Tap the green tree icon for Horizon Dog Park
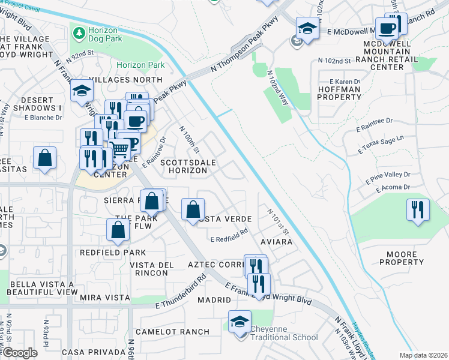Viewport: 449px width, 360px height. [x=78, y=31]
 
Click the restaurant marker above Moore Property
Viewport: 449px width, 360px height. [x=418, y=210]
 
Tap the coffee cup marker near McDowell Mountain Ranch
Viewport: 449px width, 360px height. [x=387, y=28]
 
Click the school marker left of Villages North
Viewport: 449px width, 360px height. [x=82, y=92]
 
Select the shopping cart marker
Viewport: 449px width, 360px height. [x=120, y=148]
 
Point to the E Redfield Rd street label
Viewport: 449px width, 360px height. [x=229, y=239]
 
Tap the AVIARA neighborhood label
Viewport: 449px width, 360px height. [x=277, y=242]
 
